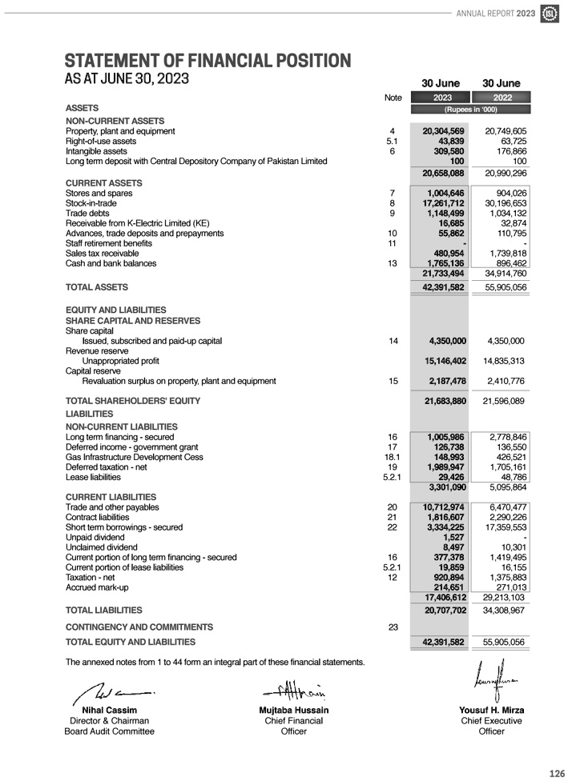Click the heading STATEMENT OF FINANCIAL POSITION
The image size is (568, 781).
point(207,61)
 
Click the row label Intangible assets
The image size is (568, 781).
point(96,150)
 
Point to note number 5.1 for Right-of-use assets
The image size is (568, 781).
point(392,141)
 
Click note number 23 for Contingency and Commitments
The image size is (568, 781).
point(393,627)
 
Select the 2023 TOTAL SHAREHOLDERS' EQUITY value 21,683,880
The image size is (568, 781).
point(443,400)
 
